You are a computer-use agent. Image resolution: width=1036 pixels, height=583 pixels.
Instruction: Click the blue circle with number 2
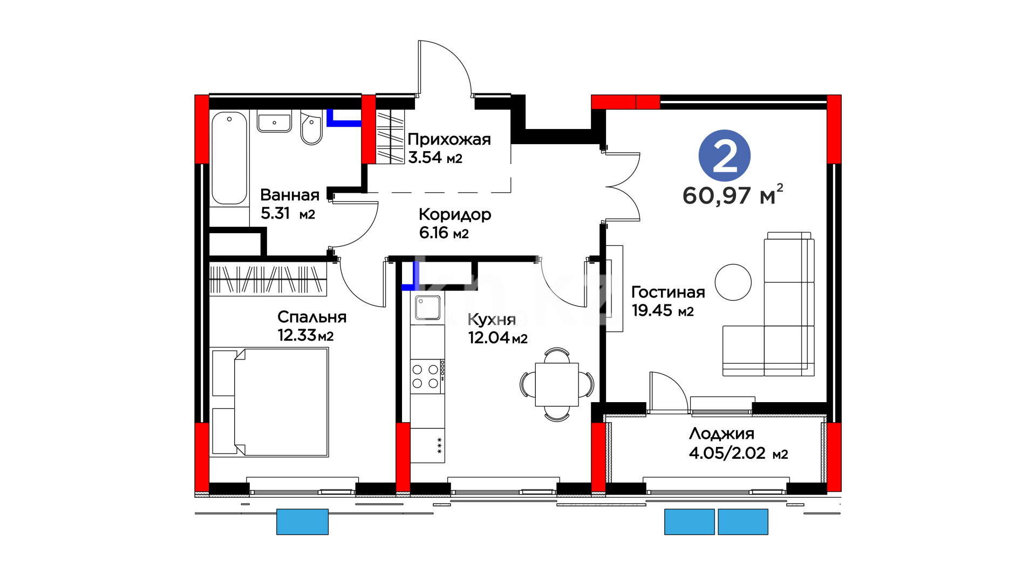coord(724,155)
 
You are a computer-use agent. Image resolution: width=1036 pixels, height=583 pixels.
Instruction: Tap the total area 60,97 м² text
coord(733,195)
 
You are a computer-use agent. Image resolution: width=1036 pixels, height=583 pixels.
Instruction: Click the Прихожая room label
coord(449,139)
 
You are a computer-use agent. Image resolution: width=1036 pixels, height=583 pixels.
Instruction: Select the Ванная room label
coord(290,195)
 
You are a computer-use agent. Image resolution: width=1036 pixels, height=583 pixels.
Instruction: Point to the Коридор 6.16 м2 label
coord(455,223)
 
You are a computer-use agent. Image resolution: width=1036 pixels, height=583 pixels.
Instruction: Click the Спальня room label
coord(312,317)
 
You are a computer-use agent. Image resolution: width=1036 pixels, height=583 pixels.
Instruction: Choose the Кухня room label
coord(492,320)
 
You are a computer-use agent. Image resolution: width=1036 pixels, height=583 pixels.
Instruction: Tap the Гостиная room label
coord(668,292)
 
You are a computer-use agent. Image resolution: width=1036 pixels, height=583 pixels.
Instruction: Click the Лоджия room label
coord(721,434)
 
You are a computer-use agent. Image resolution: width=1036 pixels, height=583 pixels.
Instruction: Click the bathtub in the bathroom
coord(229,158)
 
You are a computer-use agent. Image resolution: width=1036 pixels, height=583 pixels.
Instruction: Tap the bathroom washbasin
coord(274,121)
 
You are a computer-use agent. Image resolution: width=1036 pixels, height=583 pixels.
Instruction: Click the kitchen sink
coord(428,308)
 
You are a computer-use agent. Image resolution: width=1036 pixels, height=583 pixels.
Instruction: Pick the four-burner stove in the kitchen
coord(427,377)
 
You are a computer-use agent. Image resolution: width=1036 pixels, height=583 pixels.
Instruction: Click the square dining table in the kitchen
coord(557,384)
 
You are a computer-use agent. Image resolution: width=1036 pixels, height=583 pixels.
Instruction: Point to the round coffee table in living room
coord(733,282)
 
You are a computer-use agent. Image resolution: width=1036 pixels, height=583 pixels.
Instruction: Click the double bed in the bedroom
coord(270,402)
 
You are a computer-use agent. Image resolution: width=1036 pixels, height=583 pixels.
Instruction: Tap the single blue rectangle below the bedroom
coord(302,522)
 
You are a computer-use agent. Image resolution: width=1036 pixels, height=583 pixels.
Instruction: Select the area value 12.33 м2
coord(305,335)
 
